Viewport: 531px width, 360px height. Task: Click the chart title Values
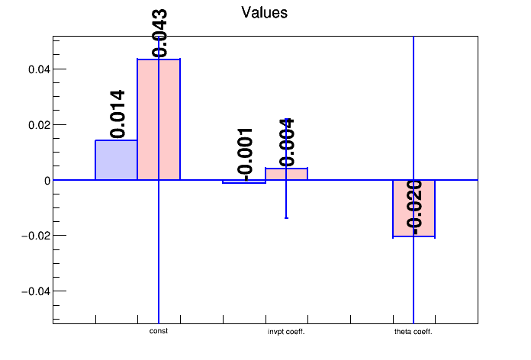coord(264,13)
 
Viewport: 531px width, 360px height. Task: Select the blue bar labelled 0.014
coord(116,160)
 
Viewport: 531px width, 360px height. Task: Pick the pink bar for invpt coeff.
coord(296,174)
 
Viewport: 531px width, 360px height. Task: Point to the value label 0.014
coord(117,114)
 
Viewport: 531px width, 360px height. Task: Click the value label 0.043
coord(160,33)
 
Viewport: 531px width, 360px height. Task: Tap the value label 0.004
coord(287,143)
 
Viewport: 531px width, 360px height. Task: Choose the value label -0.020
coord(414,205)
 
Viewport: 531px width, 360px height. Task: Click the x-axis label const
coord(159,332)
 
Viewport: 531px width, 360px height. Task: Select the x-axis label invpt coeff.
coord(286,332)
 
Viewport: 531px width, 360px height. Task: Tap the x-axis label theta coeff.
coord(414,332)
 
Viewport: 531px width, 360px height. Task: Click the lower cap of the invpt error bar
coord(286,218)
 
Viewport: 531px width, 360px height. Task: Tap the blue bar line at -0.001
coord(244,183)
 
